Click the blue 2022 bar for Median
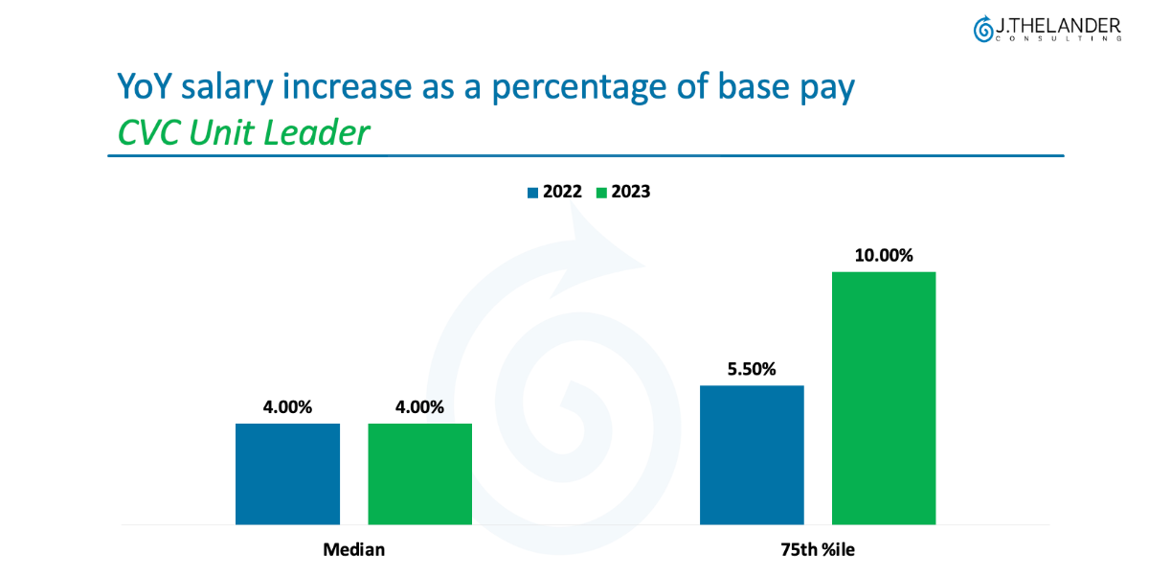click(x=287, y=473)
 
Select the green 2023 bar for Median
click(x=419, y=473)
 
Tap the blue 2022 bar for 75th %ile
click(x=752, y=454)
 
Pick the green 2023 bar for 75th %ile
click(x=884, y=398)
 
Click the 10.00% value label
click(x=884, y=256)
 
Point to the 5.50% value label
click(x=752, y=369)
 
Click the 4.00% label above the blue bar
click(x=287, y=407)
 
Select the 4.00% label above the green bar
click(x=419, y=407)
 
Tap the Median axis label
click(x=353, y=550)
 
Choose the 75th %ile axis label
click(x=818, y=550)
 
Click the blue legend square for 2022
click(x=532, y=193)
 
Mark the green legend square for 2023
click(x=601, y=193)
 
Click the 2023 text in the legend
click(x=631, y=192)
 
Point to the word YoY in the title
click(x=145, y=87)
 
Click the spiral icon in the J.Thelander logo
click(x=982, y=30)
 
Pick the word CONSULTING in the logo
click(x=1057, y=39)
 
